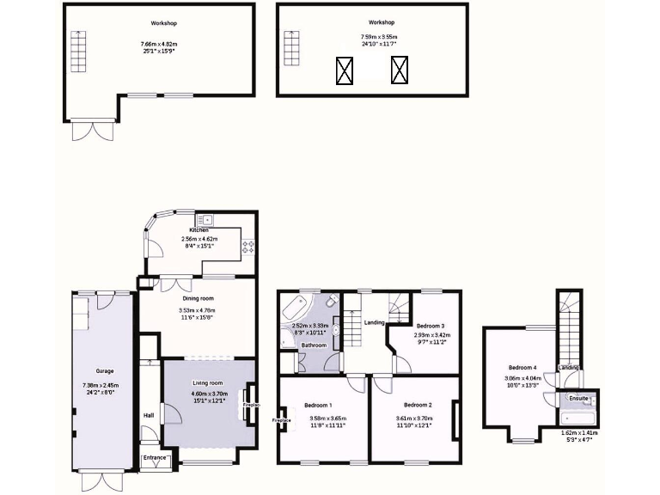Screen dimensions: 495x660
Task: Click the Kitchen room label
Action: click(199, 229)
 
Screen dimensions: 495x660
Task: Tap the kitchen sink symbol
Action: click(208, 219)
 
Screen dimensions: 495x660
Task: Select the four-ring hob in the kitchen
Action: click(249, 246)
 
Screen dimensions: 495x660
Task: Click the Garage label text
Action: click(105, 372)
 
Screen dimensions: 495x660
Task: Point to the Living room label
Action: click(206, 383)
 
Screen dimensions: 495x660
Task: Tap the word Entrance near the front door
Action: click(156, 459)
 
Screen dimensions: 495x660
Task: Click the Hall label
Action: click(149, 415)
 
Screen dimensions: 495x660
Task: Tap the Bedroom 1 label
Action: click(318, 406)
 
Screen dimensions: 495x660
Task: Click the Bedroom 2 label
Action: click(416, 404)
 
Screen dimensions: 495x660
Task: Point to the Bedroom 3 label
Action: click(431, 327)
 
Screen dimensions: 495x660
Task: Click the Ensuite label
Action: click(577, 399)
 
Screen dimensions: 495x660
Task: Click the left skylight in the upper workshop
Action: click(345, 70)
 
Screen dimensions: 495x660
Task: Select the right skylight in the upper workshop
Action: click(400, 70)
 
